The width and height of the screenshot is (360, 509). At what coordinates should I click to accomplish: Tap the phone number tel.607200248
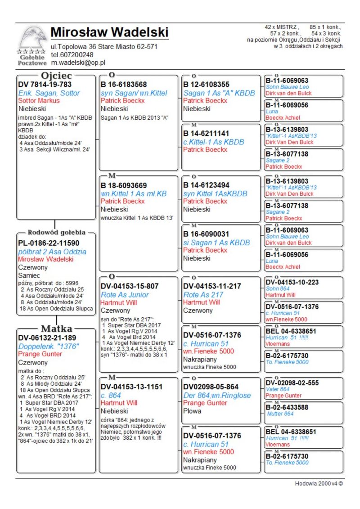click(72, 55)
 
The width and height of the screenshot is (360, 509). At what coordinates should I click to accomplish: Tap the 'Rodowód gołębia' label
click(56, 233)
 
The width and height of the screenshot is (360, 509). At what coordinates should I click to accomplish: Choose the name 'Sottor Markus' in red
click(39, 101)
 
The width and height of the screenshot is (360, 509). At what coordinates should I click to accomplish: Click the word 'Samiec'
click(29, 275)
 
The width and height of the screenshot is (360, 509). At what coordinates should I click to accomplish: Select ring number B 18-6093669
click(123, 185)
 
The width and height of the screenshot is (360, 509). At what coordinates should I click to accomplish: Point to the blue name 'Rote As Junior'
click(124, 295)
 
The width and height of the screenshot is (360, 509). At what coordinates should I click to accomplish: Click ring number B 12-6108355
click(206, 84)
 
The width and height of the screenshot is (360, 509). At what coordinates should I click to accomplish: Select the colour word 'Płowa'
click(193, 411)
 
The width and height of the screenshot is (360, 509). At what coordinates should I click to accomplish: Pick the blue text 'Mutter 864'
click(280, 414)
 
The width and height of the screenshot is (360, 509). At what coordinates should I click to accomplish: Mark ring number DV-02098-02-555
click(292, 383)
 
